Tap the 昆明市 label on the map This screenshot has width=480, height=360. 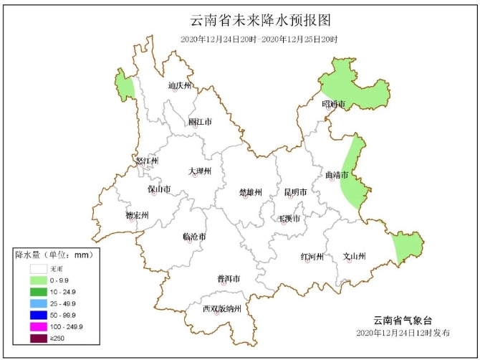tap(295, 192)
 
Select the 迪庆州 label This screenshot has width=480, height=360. tap(180, 86)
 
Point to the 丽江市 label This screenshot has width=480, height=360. tap(200, 122)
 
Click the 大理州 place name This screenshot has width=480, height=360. tap(200, 171)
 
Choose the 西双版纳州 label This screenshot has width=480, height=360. tap(221, 309)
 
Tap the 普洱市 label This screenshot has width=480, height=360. tap(228, 278)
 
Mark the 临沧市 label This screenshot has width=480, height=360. tap(194, 236)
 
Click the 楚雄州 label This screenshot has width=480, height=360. tap(250, 192)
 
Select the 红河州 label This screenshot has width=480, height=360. tap(312, 257)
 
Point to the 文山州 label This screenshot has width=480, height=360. tap(354, 256)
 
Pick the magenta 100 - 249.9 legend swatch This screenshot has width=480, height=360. tap(39, 326)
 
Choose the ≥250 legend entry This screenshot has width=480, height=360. tap(39, 337)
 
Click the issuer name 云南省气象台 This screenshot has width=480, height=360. tap(403, 320)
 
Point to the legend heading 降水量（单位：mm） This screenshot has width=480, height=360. tap(53, 255)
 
